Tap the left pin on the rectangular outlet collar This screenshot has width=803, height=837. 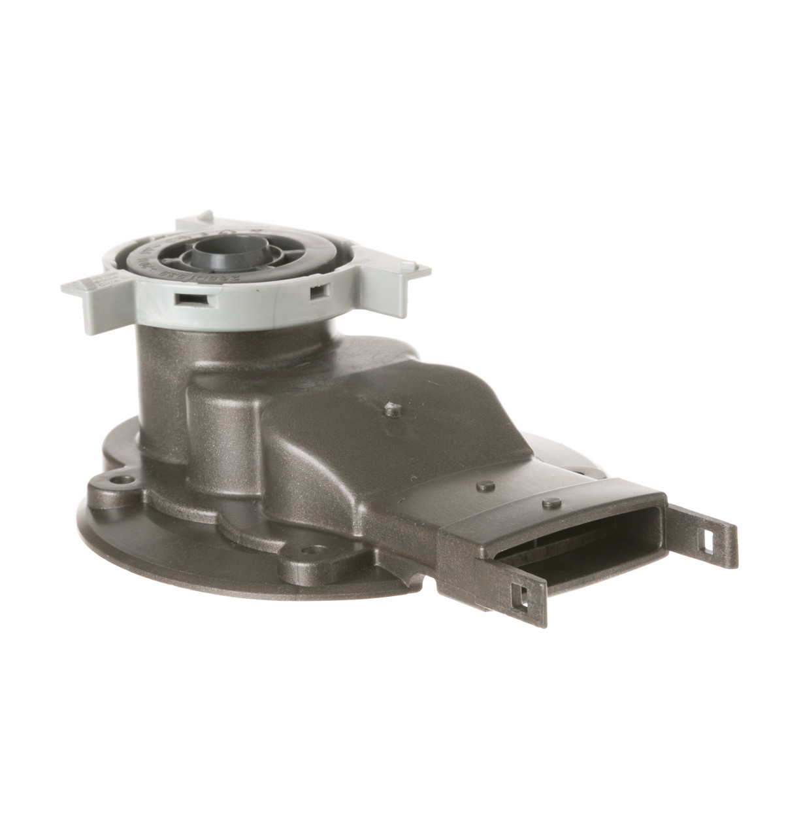click(x=484, y=486)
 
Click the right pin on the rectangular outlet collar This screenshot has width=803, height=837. click(x=551, y=502)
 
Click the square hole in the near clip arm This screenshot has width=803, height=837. click(x=520, y=597)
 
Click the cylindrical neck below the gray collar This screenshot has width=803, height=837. click(x=163, y=366)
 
